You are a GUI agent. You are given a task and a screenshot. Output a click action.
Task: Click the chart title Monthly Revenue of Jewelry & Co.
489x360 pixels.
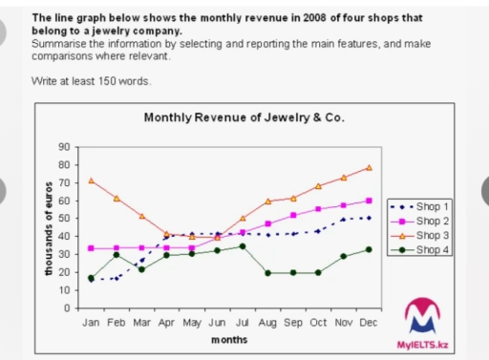click(x=244, y=117)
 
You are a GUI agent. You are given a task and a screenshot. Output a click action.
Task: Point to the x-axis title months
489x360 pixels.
click(x=228, y=340)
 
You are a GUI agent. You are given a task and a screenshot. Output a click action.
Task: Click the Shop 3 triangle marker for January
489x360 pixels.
click(x=91, y=180)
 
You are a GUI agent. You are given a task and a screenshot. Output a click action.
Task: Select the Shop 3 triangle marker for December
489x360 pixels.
click(x=369, y=167)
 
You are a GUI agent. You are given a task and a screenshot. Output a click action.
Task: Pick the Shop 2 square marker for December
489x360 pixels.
click(x=369, y=201)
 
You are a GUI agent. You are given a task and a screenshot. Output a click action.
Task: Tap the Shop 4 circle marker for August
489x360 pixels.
click(x=267, y=273)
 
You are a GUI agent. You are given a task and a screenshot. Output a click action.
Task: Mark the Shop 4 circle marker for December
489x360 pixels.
click(x=369, y=249)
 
